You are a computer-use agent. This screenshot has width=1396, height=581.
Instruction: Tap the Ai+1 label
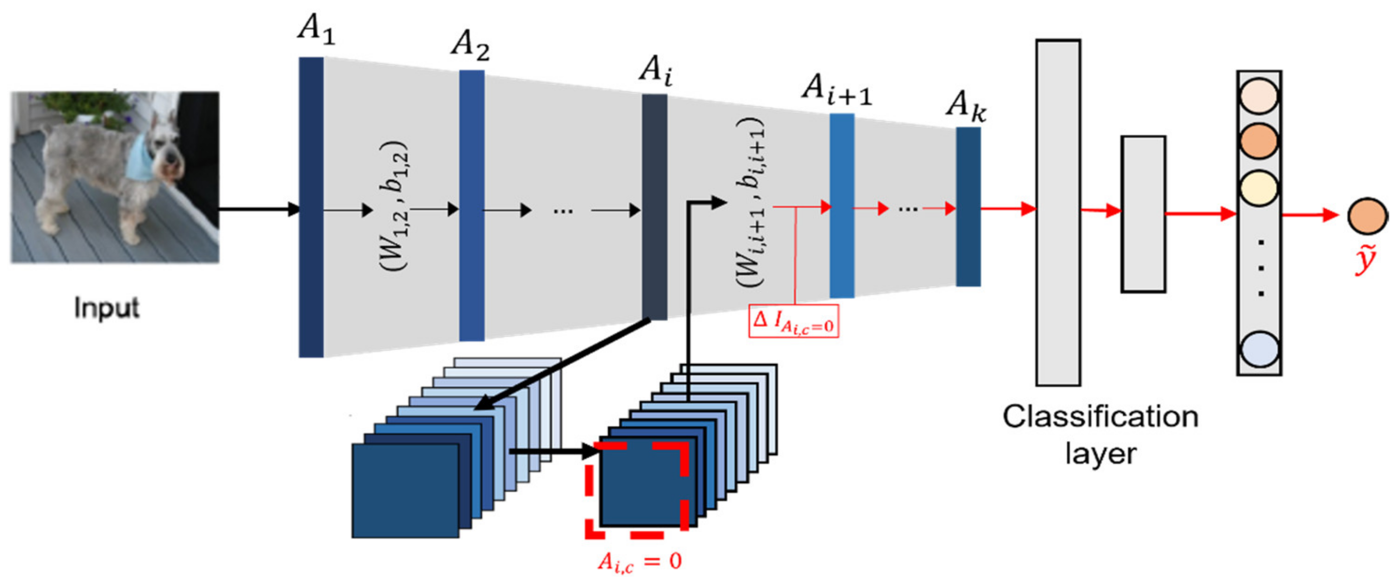coord(836,89)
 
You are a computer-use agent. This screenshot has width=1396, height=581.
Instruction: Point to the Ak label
coord(966,105)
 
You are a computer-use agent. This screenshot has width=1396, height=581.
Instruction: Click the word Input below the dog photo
coord(107,308)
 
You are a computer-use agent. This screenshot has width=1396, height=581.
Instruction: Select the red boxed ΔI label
coord(793,322)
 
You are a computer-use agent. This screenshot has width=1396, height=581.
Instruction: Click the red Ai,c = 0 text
coord(639,562)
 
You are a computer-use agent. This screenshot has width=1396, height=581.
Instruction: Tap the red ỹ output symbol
coord(1366,261)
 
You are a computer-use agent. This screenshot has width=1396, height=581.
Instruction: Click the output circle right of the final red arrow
coord(1367,216)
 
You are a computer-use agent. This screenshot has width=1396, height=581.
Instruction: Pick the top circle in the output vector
coord(1259,96)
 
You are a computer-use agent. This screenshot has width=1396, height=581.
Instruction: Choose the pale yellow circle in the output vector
coord(1259,188)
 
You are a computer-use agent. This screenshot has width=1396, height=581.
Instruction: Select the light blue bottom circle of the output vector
coord(1259,349)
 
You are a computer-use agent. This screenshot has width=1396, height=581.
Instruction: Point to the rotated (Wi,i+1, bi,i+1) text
coord(751,203)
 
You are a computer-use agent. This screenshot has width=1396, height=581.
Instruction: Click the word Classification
coord(1100,417)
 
